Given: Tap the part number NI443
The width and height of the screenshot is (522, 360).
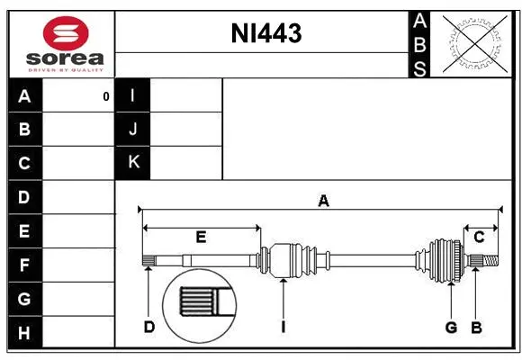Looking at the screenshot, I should tap(266, 34).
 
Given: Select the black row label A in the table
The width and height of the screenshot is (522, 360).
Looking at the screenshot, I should tap(25, 95).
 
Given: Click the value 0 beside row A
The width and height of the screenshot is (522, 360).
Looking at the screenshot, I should tap(105, 96).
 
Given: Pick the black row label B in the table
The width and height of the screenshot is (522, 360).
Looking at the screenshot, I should tap(25, 129).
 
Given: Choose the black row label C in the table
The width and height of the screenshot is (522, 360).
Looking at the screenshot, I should tap(25, 163).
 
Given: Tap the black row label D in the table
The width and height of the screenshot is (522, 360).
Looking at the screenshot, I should tap(25, 197).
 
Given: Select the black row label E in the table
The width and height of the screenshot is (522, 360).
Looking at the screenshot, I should tap(25, 231).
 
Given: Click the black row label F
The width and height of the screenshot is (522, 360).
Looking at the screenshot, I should tap(25, 265).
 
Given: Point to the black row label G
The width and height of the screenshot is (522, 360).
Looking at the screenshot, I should tap(25, 298).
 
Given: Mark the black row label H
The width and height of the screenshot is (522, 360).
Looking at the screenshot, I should tap(25, 332).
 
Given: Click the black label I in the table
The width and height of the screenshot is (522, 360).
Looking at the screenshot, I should tap(133, 95).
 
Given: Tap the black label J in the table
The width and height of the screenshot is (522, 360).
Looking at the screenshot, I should tap(133, 129).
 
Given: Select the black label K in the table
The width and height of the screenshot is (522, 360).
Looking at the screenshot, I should tap(133, 162).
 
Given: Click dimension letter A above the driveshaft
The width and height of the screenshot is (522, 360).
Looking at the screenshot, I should tap(322, 201).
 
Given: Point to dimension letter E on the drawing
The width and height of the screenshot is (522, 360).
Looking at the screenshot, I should tap(202, 238).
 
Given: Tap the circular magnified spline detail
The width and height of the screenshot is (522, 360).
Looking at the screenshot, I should tap(198, 302).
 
